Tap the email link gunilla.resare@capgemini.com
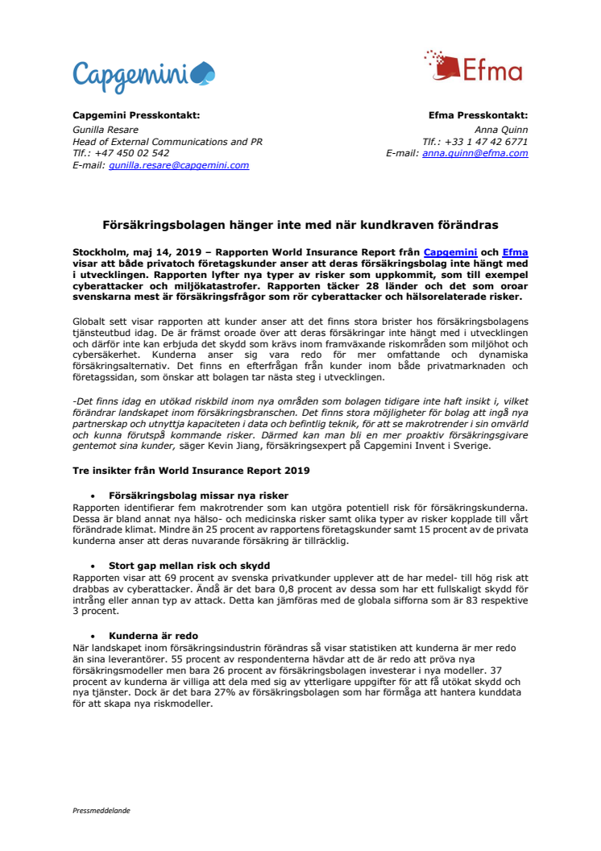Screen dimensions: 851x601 pos(179,165)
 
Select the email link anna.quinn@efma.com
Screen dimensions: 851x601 pos(475,153)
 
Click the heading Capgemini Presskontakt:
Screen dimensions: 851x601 pos(136,115)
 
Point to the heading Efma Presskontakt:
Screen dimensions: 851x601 pos(479,115)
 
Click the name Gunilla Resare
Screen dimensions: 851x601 pos(106,129)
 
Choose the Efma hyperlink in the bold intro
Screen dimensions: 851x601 pos(515,252)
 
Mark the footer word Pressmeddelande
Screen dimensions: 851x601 pos(101,810)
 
